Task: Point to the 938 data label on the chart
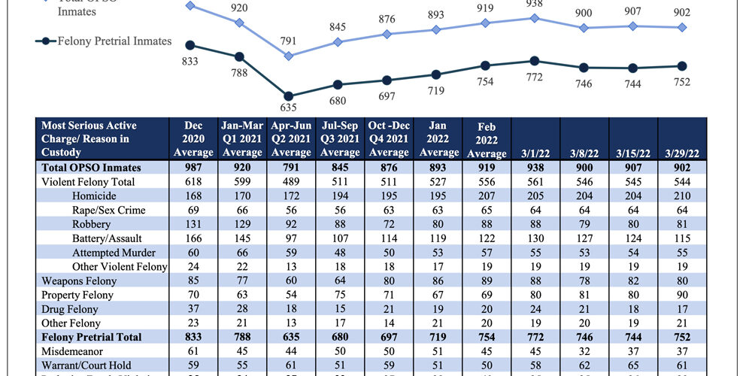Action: (x=535, y=3)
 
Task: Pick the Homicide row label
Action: (x=94, y=196)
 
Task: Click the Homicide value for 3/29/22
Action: (x=681, y=196)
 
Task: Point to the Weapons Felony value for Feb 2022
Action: (x=486, y=280)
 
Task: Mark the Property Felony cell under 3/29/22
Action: (x=681, y=295)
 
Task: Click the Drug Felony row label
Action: (x=71, y=308)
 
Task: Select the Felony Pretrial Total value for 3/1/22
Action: (x=535, y=337)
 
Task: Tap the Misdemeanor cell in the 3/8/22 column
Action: (x=584, y=351)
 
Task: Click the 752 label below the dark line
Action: (x=681, y=82)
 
